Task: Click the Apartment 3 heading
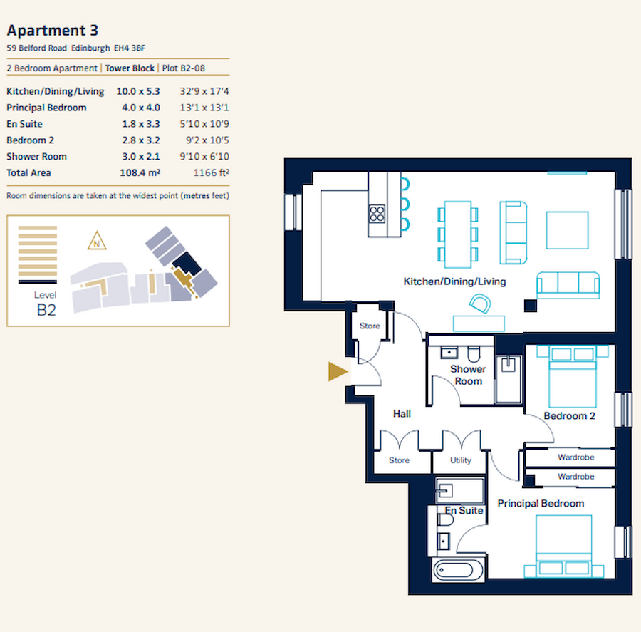[x=53, y=30]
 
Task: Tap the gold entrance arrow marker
[x=338, y=371]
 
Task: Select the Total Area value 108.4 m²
[x=138, y=172]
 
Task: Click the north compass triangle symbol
[x=95, y=242]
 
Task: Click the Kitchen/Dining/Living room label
[x=454, y=281]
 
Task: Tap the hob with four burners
[x=377, y=213]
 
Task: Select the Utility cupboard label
[x=461, y=460]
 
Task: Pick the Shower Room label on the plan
[x=468, y=375]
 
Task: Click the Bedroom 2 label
[x=569, y=416]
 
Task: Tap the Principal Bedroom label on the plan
[x=541, y=503]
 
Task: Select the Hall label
[x=402, y=413]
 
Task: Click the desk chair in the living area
[x=480, y=306]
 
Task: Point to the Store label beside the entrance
[x=370, y=326]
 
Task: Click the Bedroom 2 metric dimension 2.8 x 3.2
[x=138, y=140]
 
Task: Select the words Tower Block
[x=130, y=68]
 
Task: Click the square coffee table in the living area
[x=567, y=230]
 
